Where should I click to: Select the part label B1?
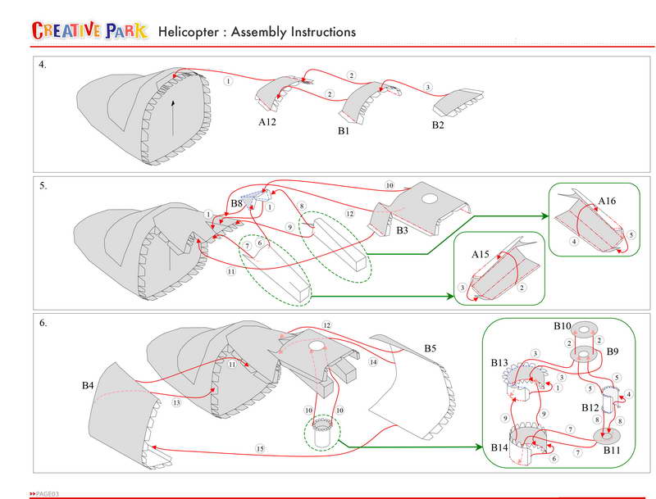[343, 130]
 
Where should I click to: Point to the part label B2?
[440, 125]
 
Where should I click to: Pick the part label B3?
[402, 231]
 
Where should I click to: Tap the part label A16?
[608, 200]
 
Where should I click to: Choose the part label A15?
[481, 255]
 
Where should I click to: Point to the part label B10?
[563, 326]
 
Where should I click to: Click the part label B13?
[499, 362]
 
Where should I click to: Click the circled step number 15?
[259, 448]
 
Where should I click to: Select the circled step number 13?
[176, 402]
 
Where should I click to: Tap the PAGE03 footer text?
[48, 494]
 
